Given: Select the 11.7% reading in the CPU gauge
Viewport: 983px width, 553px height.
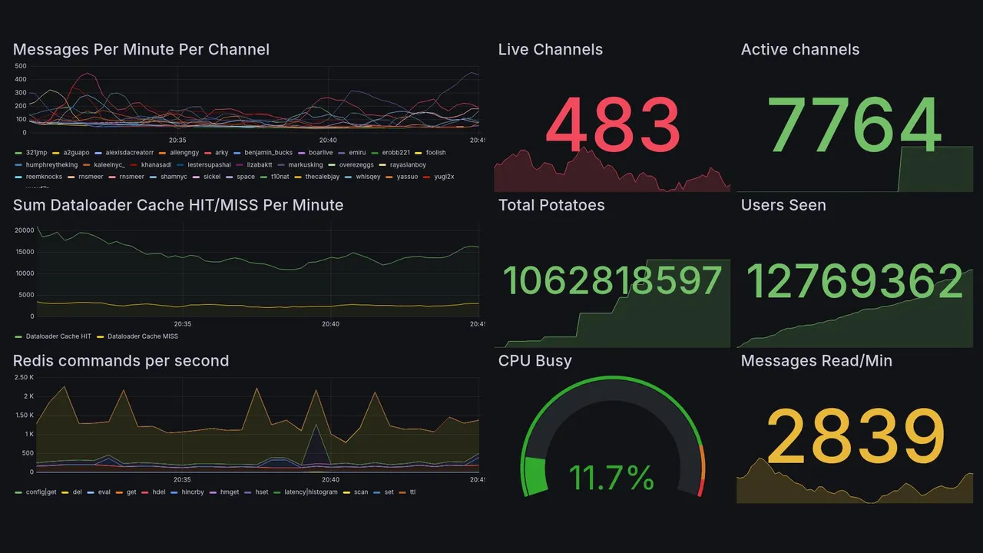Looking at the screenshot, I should click(x=611, y=478).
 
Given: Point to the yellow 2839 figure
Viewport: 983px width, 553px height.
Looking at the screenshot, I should click(x=856, y=437).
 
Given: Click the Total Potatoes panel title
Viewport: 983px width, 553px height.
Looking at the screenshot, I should click(x=551, y=205).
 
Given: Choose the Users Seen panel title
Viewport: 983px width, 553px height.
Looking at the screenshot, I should click(x=783, y=205).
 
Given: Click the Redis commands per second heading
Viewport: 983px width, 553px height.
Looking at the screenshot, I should click(x=121, y=361).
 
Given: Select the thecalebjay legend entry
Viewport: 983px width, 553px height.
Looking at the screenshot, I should click(x=322, y=177).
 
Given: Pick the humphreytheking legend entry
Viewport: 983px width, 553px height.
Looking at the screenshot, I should click(x=51, y=165).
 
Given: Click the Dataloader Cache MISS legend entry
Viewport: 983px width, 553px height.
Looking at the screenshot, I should click(x=142, y=336).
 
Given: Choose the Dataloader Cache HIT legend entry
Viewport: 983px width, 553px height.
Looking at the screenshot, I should click(x=58, y=336).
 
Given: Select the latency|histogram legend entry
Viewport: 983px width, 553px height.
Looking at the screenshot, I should click(x=310, y=492).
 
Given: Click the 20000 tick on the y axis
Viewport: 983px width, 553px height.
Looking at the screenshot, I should click(x=24, y=230).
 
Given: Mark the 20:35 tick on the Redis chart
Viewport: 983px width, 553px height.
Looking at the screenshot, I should click(x=182, y=479).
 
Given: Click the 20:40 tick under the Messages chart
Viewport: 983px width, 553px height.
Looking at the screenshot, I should click(x=328, y=141).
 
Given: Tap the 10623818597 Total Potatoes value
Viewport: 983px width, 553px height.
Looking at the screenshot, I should click(x=612, y=281).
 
